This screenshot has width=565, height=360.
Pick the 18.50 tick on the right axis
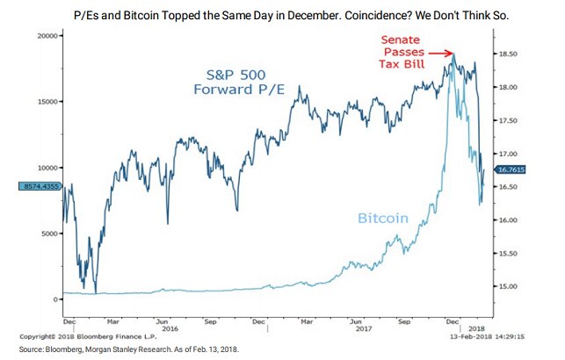click(511, 54)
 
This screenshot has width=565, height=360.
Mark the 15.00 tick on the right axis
click(511, 286)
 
